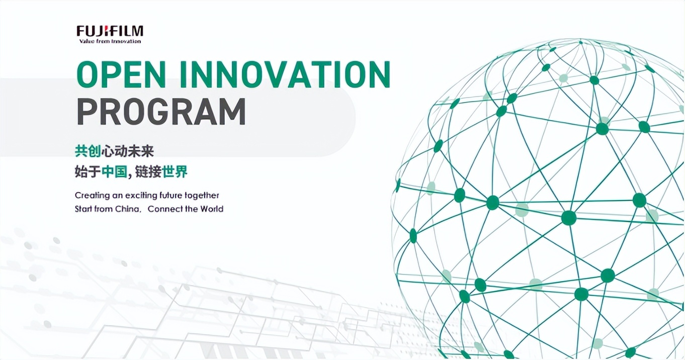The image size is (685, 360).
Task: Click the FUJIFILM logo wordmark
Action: (x=110, y=32)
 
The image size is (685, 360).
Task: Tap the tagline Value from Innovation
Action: (x=110, y=41)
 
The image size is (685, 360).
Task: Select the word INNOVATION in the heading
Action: (x=285, y=74)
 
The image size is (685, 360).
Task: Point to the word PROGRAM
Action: (x=161, y=112)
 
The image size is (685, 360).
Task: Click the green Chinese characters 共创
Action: (x=88, y=151)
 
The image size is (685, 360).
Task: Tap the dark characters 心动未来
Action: (x=128, y=151)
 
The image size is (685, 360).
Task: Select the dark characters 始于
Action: (x=88, y=172)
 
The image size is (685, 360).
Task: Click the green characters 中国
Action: (x=114, y=172)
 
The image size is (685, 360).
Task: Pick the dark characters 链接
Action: (x=148, y=172)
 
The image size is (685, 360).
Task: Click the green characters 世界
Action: (x=175, y=172)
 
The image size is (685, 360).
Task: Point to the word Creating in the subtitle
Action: (x=93, y=196)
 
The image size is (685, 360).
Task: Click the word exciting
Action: (x=141, y=196)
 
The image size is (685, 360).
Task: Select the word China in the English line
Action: (x=128, y=209)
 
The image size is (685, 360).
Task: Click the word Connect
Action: (x=165, y=209)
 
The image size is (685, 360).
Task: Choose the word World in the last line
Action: (x=212, y=209)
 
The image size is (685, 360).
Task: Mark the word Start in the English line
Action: (x=83, y=209)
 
